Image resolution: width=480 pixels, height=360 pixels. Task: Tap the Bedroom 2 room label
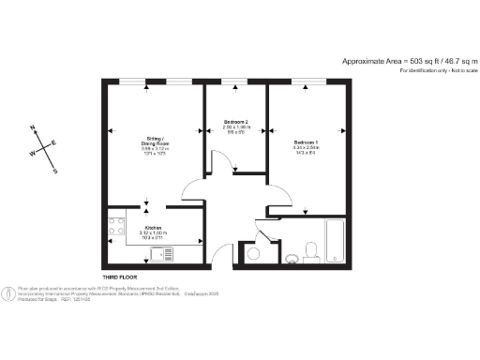click(236, 123)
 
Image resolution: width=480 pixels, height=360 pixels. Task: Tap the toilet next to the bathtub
click(314, 249)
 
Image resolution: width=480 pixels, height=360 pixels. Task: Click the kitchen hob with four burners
click(117, 228)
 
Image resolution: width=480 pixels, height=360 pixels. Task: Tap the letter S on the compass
click(55, 171)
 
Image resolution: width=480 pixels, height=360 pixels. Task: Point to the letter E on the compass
click(54, 142)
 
